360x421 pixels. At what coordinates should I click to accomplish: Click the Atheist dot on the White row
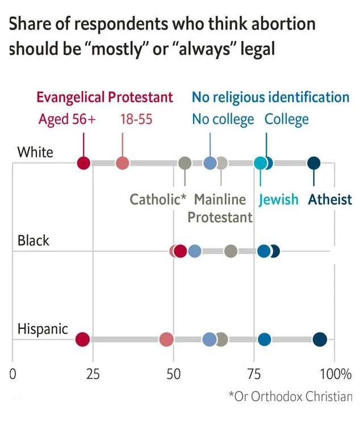(314, 164)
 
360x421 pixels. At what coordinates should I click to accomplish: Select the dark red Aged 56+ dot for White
(83, 164)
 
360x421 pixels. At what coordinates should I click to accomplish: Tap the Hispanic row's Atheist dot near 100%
(320, 340)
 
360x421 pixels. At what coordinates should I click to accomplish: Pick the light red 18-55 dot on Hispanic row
(166, 340)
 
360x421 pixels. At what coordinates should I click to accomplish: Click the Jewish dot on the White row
(260, 164)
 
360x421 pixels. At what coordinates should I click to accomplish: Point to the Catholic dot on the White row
(185, 164)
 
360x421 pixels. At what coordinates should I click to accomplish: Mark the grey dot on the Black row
(231, 251)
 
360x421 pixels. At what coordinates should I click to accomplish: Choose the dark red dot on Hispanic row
(82, 340)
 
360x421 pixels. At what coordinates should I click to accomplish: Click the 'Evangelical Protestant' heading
(104, 97)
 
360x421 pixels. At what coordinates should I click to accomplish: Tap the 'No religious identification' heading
(270, 97)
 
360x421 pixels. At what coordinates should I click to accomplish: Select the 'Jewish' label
(278, 199)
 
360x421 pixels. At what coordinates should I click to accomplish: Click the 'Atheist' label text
(330, 199)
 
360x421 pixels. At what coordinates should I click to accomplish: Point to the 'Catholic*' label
(158, 199)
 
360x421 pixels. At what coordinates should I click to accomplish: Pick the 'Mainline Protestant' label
(220, 208)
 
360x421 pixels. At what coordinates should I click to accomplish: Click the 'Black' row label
(34, 240)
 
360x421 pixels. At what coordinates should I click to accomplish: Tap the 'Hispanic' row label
(43, 329)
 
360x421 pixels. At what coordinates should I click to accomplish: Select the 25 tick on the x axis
(93, 374)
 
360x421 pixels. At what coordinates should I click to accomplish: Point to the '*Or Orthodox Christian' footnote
(290, 397)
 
